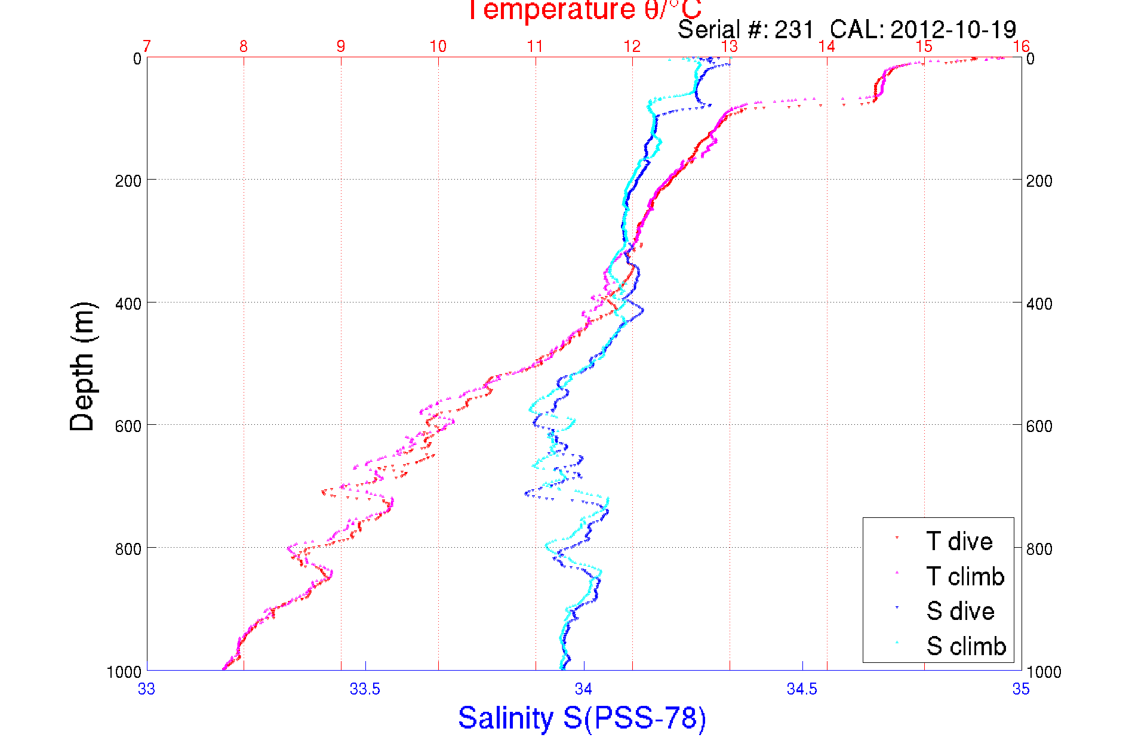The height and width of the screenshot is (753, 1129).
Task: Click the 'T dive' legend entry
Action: pyautogui.click(x=959, y=541)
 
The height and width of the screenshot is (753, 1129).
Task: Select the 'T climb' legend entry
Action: pyautogui.click(x=965, y=576)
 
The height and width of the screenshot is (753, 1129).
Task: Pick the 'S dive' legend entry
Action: pyautogui.click(x=960, y=611)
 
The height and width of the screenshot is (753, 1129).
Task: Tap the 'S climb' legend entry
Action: pyautogui.click(x=965, y=646)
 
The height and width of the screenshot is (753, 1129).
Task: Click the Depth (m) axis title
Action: pyautogui.click(x=82, y=367)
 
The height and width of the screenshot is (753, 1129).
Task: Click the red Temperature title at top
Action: pyautogui.click(x=584, y=10)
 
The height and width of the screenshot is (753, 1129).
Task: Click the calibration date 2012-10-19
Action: pyautogui.click(x=953, y=29)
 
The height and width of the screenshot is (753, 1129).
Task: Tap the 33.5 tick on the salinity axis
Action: pyautogui.click(x=365, y=689)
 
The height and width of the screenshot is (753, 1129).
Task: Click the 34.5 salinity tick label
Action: pyautogui.click(x=802, y=689)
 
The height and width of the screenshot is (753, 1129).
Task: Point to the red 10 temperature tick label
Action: pyautogui.click(x=438, y=47)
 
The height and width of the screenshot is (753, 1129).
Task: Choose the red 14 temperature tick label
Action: pyautogui.click(x=826, y=47)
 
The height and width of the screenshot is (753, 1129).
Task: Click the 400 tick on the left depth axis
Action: pyautogui.click(x=128, y=303)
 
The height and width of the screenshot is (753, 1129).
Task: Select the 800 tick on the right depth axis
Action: pyautogui.click(x=1039, y=548)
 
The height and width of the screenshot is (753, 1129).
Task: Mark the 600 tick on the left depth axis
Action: pyautogui.click(x=128, y=426)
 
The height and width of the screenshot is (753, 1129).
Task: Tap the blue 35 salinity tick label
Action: pyautogui.click(x=1021, y=689)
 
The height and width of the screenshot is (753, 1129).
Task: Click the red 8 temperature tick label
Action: pyautogui.click(x=244, y=47)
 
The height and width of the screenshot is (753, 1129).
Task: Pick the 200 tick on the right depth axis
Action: pyautogui.click(x=1039, y=181)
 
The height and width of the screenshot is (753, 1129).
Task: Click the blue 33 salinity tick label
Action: pyautogui.click(x=146, y=689)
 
